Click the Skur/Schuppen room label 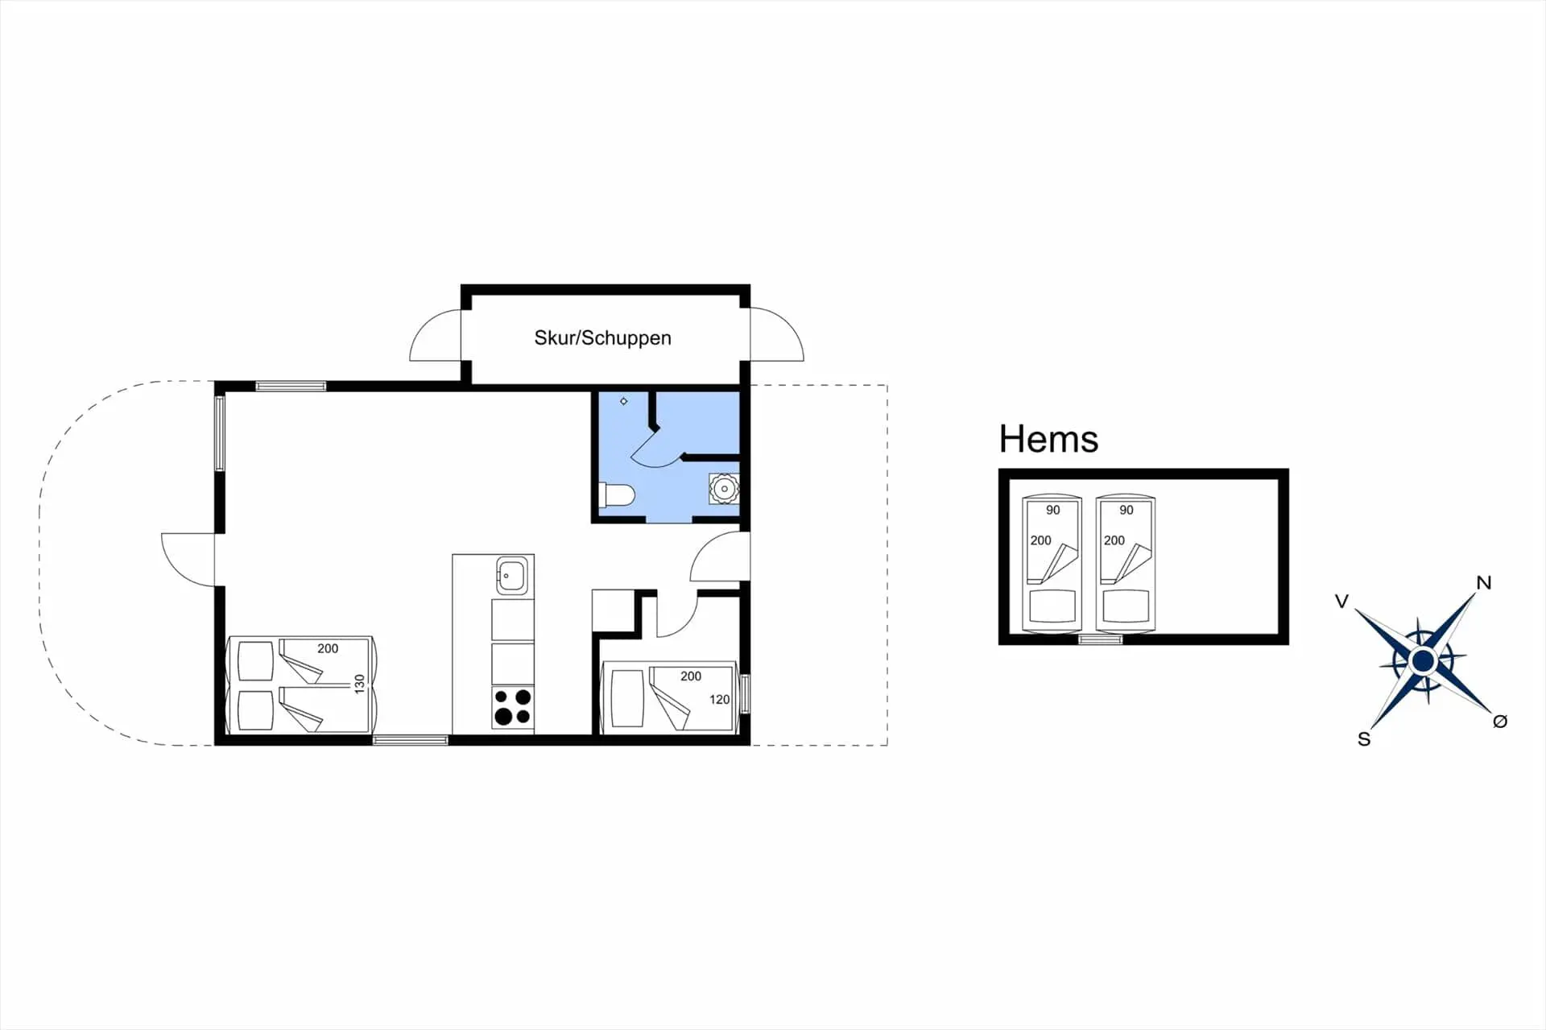pyautogui.click(x=602, y=337)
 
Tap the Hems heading pyautogui.click(x=1048, y=439)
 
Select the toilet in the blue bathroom pyautogui.click(x=618, y=494)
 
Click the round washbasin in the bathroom pyautogui.click(x=724, y=489)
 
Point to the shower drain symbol pyautogui.click(x=623, y=401)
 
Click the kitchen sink pyautogui.click(x=511, y=576)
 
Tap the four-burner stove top pyautogui.click(x=513, y=706)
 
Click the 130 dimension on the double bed pyautogui.click(x=359, y=684)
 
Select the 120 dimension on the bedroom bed pyautogui.click(x=719, y=699)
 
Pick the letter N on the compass pyautogui.click(x=1483, y=582)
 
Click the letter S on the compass pyautogui.click(x=1364, y=739)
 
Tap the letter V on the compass pyautogui.click(x=1341, y=601)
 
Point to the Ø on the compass pyautogui.click(x=1499, y=722)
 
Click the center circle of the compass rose pyautogui.click(x=1423, y=661)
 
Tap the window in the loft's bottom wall pyautogui.click(x=1100, y=639)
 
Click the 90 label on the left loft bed pyautogui.click(x=1052, y=510)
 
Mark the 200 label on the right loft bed pyautogui.click(x=1114, y=540)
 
